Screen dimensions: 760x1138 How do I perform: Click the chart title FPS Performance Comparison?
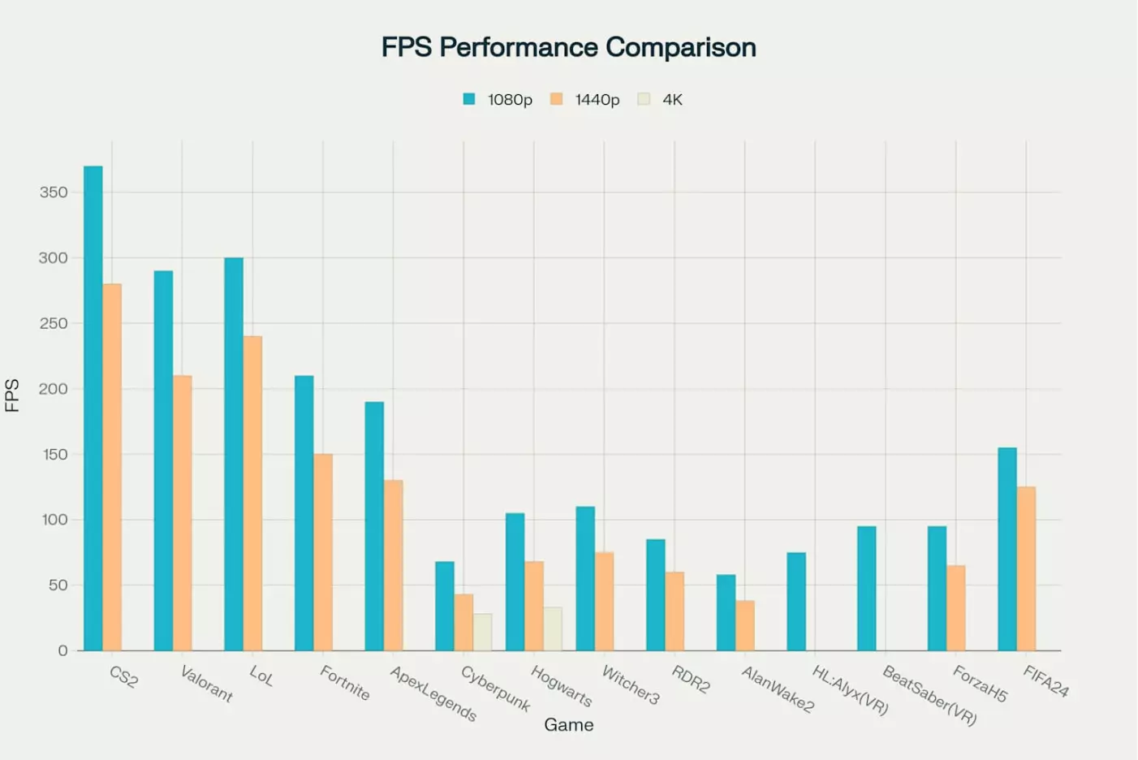coord(568,47)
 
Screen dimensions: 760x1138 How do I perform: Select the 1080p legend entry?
coord(498,99)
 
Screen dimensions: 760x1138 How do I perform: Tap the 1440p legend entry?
coord(585,99)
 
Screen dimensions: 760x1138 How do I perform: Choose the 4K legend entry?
coord(661,99)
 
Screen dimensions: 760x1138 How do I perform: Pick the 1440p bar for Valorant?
coord(183,512)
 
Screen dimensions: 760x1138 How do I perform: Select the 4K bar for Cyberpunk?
coord(482,632)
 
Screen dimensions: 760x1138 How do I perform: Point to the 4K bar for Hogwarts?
coord(553,628)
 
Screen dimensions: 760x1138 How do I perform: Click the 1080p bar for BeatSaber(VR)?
coord(866,588)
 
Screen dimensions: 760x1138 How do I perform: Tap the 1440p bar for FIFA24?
coord(1026,568)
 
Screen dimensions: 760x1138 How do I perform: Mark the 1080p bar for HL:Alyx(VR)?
coord(796,601)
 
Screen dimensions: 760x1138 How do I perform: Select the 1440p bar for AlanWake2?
coord(745,625)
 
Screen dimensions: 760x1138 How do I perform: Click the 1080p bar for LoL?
coord(234,454)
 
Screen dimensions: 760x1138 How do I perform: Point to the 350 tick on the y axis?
coord(54,192)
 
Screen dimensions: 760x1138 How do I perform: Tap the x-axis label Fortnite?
coord(344,683)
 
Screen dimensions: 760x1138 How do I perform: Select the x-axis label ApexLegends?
coord(433,693)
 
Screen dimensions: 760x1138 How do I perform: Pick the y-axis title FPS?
coord(12,395)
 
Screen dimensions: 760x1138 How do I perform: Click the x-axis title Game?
coord(568,724)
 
